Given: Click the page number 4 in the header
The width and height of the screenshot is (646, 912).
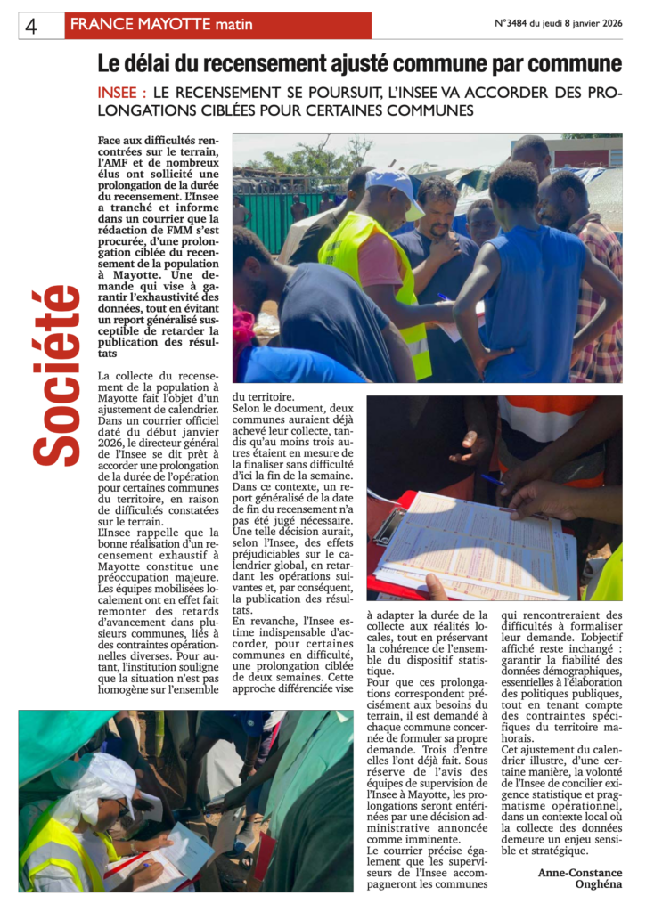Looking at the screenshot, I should [31, 26].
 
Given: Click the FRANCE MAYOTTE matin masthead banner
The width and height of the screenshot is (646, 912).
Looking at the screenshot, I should [217, 26].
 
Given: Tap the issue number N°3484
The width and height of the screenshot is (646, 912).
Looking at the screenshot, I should [511, 24].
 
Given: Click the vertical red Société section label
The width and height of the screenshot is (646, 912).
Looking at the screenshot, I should [57, 374].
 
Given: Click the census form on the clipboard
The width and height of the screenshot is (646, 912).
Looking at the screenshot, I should [481, 543].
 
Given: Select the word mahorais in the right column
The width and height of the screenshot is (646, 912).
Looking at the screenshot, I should [530, 738].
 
